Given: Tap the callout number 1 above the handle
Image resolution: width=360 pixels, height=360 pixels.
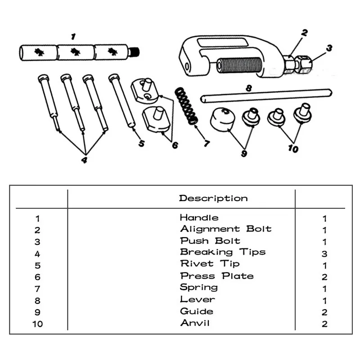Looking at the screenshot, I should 73,36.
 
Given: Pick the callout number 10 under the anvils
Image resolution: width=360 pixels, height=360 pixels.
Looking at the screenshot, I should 293,149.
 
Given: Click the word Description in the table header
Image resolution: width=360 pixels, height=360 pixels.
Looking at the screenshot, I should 213,198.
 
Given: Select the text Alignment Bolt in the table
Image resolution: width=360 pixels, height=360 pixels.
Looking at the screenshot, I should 226,229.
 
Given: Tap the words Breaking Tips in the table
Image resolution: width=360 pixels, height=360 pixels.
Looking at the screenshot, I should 223,252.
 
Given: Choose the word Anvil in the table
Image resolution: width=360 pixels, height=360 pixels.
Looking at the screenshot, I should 195,323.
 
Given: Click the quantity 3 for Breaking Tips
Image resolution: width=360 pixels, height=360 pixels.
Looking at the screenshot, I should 324,253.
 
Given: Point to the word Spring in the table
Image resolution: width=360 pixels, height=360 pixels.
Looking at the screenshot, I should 198,287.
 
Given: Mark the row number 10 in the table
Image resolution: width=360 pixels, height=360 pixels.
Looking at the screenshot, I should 38,324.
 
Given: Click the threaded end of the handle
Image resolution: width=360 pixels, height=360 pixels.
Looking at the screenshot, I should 134,52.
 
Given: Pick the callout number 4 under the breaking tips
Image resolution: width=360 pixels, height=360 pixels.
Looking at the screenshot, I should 84,160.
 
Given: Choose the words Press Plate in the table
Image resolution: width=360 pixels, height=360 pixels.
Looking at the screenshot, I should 217,276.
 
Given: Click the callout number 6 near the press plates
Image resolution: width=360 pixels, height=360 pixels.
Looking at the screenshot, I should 174,145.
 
